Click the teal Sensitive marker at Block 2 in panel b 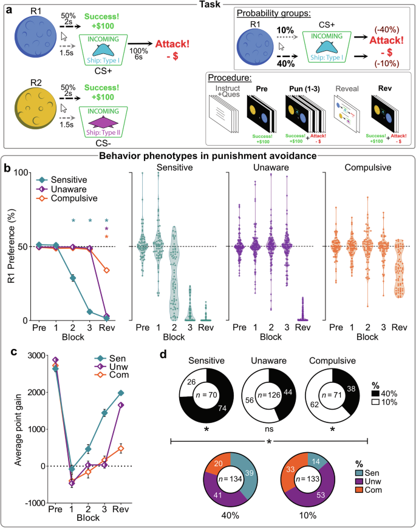click(73, 278)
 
